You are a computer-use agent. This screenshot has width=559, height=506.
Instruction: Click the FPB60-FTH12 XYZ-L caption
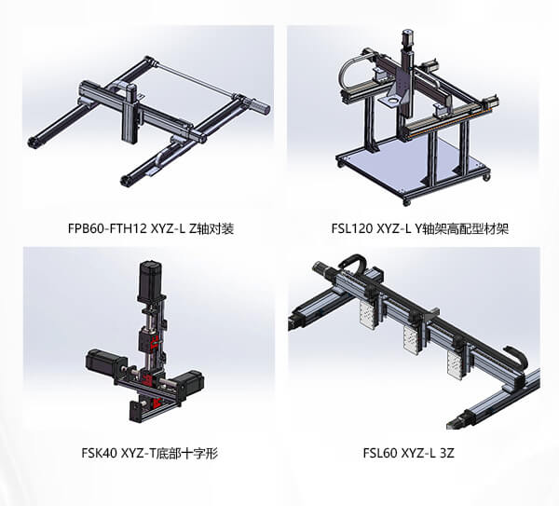click(151, 228)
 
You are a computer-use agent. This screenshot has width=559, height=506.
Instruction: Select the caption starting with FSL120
click(419, 228)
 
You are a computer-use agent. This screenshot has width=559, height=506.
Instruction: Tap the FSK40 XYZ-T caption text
click(149, 453)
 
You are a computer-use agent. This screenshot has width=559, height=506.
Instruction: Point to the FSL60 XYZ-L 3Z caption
click(409, 453)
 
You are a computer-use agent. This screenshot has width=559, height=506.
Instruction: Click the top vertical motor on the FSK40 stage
click(150, 280)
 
